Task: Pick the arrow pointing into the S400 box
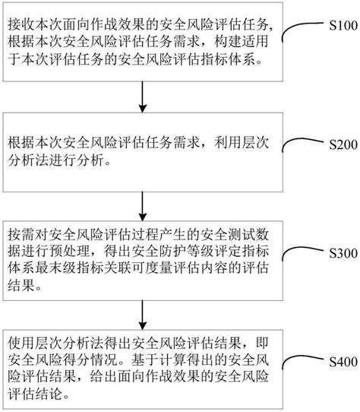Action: coord(143,312)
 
